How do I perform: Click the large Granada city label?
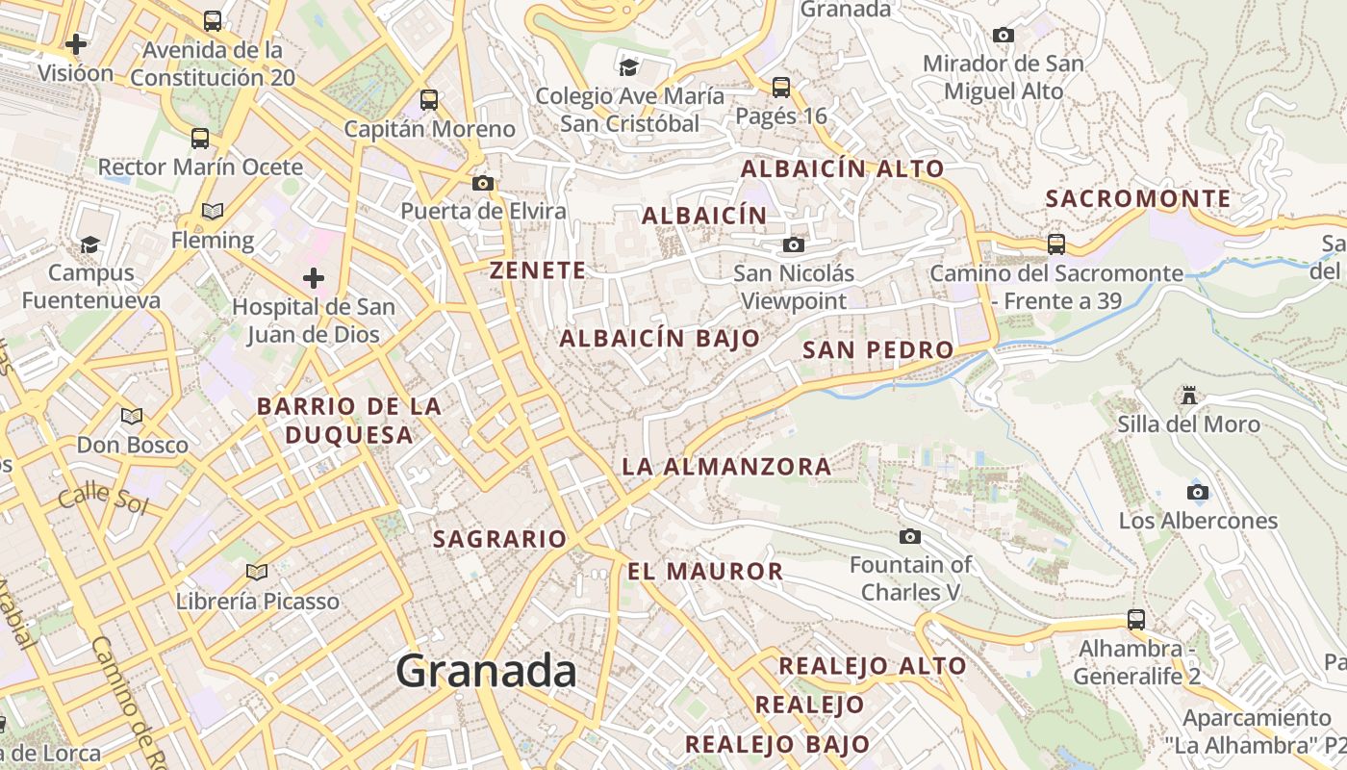pos(486,671)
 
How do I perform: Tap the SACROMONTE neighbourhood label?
pos(1138,199)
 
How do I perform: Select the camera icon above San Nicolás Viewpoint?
pos(794,244)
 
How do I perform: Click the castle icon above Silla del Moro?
pos(1189,396)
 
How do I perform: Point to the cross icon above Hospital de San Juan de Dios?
pos(314,279)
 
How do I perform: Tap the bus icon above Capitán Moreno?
pos(429,99)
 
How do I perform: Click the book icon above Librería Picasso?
pos(257,573)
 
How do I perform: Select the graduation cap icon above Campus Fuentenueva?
pos(90,244)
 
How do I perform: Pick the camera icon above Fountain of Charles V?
pos(910,536)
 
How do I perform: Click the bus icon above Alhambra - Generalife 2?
pos(1136,620)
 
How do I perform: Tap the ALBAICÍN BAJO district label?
pos(660,339)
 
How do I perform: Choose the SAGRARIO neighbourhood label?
pos(499,539)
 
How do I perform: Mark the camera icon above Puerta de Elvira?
pos(483,183)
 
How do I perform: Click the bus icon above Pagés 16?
pos(781,88)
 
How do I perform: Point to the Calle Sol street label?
pos(103,499)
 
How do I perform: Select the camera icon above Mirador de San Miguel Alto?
pos(1004,36)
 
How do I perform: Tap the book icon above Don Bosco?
pos(132,417)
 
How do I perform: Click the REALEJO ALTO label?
pos(872,666)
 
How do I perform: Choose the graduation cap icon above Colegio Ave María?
pos(629,67)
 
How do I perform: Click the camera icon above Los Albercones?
pos(1198,493)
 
